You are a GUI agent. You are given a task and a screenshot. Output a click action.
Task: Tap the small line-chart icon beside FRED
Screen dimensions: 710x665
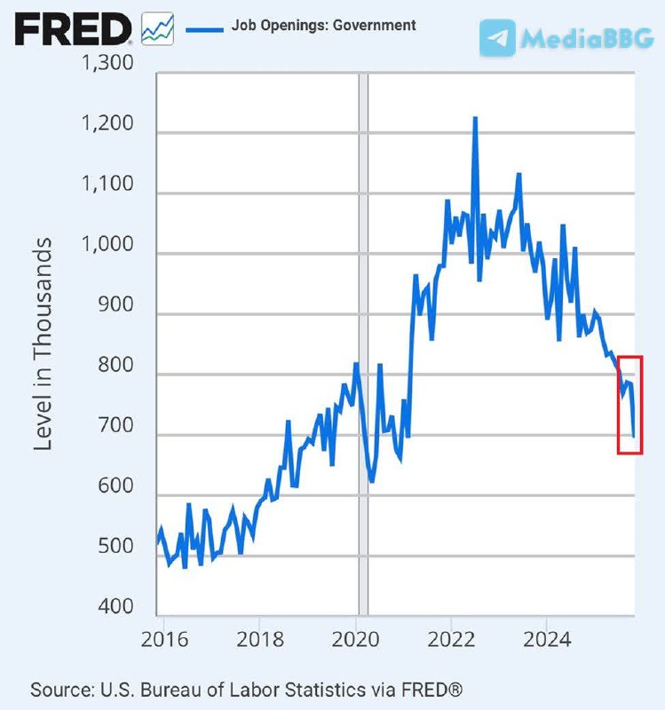pos(158,29)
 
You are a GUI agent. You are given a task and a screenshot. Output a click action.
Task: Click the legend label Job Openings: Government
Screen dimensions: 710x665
pos(323,26)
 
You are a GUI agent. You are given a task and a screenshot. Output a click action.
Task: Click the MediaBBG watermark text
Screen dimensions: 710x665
pos(587,38)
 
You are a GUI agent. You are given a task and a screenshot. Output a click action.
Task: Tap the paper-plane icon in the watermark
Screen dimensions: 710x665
pos(497,38)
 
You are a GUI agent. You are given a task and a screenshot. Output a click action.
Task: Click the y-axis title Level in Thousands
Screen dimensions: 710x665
pos(43,344)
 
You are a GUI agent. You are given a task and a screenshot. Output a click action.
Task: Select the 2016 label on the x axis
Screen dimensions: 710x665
pos(163,639)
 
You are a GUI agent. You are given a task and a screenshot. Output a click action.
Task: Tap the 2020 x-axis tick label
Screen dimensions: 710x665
pos(355,639)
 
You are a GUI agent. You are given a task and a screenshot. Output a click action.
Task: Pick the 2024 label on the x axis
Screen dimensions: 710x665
pos(547,639)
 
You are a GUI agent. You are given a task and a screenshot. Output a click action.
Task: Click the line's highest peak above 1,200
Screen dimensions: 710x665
pos(475,118)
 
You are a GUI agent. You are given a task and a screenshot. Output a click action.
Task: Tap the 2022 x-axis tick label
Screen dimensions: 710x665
pos(451,639)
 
